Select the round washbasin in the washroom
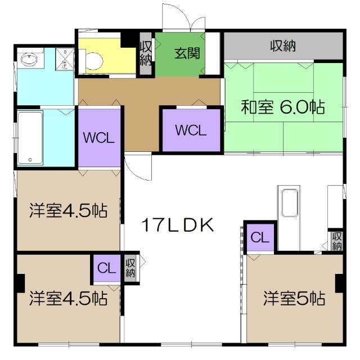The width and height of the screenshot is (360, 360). click(28, 59)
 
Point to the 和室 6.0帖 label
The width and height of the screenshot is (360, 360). click(283, 107)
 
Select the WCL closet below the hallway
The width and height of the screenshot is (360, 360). click(191, 130)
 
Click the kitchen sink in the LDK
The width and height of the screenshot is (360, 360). click(291, 204)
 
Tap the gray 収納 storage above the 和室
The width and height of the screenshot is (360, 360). click(283, 46)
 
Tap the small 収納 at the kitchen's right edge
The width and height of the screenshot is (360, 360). click(337, 241)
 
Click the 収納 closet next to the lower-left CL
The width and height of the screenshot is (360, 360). click(130, 268)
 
